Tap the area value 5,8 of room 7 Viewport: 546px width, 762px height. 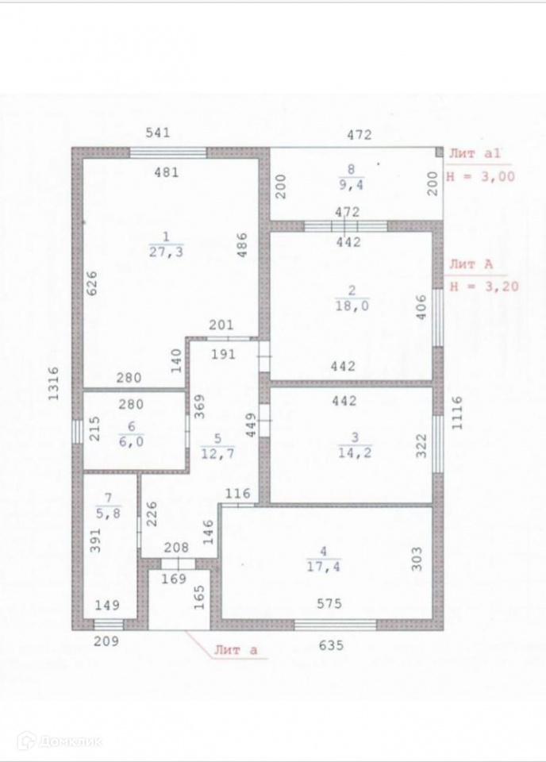point(108,514)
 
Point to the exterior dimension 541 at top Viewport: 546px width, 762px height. point(157,133)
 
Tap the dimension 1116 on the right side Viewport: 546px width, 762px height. point(457,413)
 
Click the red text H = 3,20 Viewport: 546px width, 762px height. point(484,287)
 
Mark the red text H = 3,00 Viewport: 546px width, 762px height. point(483,176)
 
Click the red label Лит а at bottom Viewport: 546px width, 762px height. point(235,650)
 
